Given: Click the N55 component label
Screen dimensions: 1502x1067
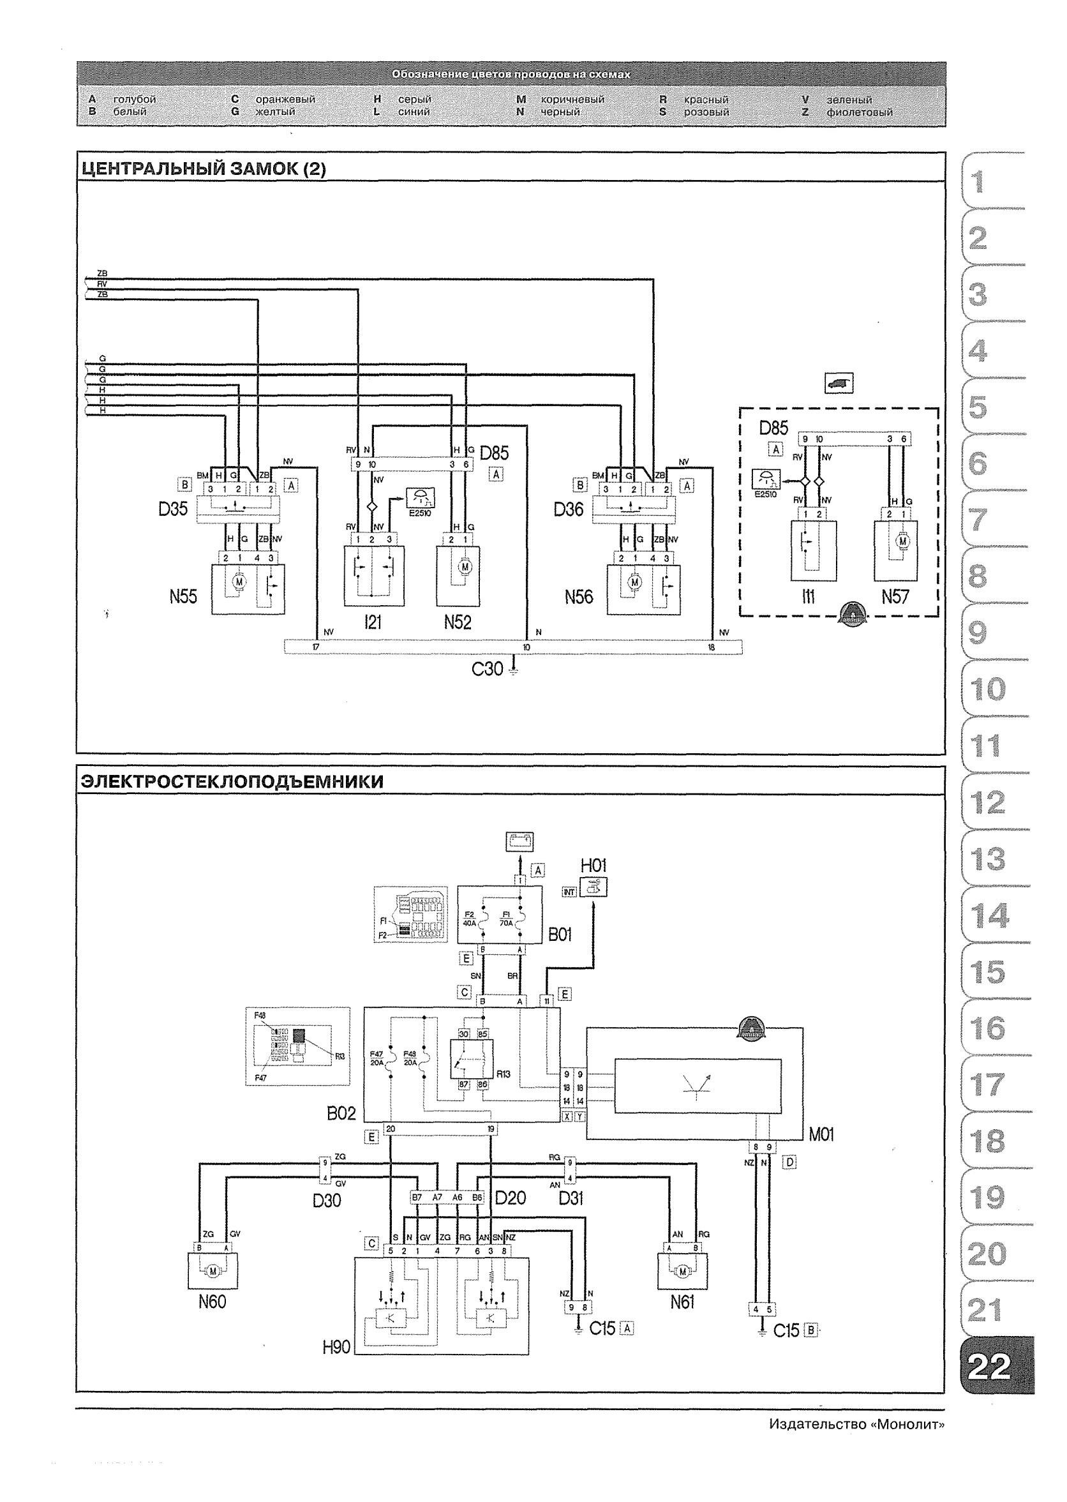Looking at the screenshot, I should click(183, 597).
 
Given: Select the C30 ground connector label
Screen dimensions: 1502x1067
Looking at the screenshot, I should click(488, 669).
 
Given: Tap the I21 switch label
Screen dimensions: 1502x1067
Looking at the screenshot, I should click(373, 622).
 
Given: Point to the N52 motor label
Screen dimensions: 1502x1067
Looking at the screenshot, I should click(458, 622).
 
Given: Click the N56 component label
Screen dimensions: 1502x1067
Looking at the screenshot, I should click(578, 597).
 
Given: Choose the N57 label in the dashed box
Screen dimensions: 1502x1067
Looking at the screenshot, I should click(895, 597).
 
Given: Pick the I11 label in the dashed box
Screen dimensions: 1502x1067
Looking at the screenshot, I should click(807, 597).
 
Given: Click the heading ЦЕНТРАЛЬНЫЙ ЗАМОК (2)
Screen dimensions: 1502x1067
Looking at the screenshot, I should click(203, 169).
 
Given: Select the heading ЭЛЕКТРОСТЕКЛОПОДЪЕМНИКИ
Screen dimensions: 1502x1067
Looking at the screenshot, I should click(232, 781).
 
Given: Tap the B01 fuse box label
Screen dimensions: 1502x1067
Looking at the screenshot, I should click(559, 935).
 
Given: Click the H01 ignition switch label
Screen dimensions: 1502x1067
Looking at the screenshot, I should click(593, 866).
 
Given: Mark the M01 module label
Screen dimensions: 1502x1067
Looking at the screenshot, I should click(821, 1135).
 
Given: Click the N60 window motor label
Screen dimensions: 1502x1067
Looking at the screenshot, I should click(213, 1302).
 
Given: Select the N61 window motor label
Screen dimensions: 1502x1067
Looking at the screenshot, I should click(682, 1302).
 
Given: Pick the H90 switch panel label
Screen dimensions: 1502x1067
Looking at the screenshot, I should click(336, 1348).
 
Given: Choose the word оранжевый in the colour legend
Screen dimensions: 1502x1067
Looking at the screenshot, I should click(285, 99).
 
